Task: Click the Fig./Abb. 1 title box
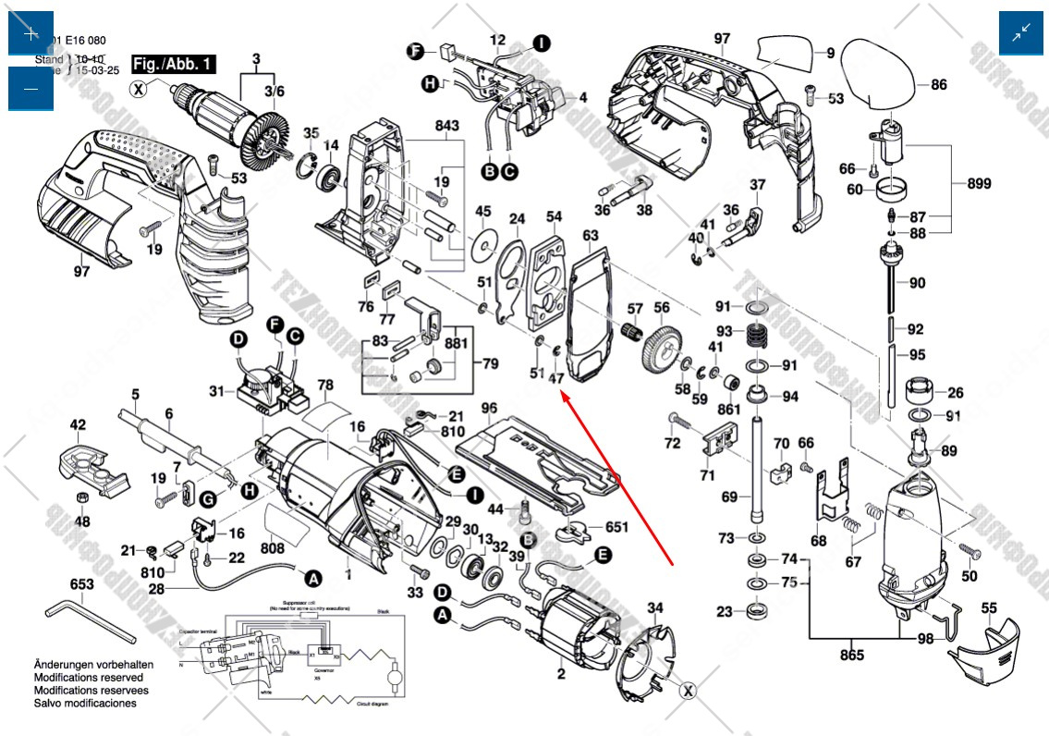(173, 64)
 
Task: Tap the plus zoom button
(30, 34)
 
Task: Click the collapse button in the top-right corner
(1020, 34)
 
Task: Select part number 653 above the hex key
(82, 584)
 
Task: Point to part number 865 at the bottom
(851, 656)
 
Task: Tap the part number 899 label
(980, 183)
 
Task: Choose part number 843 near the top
(446, 125)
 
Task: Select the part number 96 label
(489, 407)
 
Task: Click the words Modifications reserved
(89, 678)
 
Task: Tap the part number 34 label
(654, 607)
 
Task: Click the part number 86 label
(938, 84)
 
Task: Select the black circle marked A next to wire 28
(313, 578)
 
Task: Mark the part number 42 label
(78, 425)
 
